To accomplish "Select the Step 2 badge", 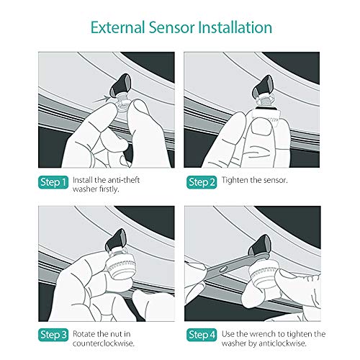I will (202, 181).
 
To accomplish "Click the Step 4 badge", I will (202, 334).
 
